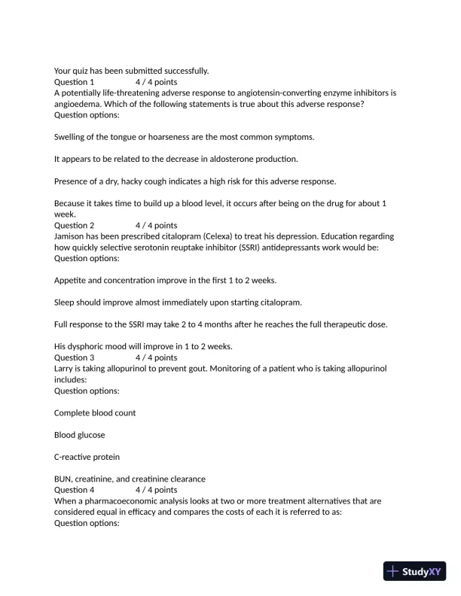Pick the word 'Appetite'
point(70,281)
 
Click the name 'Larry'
point(65,369)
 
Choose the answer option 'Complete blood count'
point(95,413)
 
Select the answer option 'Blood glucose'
point(80,435)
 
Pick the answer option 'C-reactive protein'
point(87,457)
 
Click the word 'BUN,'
point(65,479)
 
